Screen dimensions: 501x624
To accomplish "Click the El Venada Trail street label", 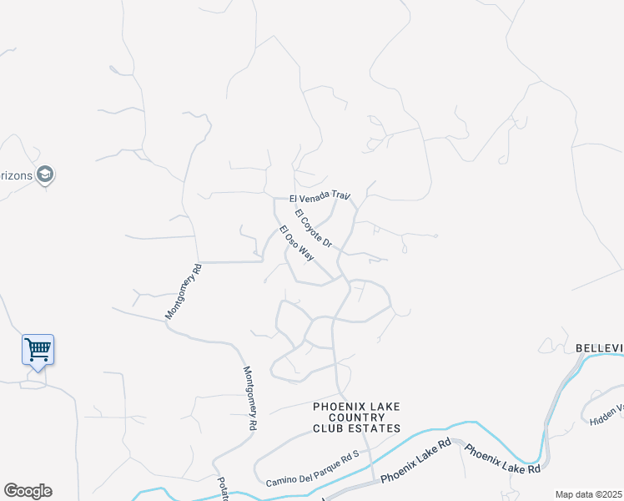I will tap(319, 197).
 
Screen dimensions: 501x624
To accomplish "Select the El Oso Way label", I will tap(296, 244).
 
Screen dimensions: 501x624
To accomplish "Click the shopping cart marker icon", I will tap(38, 349).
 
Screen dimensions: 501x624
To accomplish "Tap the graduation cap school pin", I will tap(46, 174).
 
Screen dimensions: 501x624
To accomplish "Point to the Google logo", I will tap(28, 491).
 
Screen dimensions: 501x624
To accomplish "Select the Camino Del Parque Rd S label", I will tap(312, 469).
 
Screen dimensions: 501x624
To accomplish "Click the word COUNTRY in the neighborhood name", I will tap(356, 417).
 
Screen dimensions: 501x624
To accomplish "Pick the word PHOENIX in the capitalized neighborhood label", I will tap(338, 407).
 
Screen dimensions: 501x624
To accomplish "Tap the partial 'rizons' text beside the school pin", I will tap(17, 174).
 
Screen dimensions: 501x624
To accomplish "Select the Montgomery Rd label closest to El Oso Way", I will tap(184, 293).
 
